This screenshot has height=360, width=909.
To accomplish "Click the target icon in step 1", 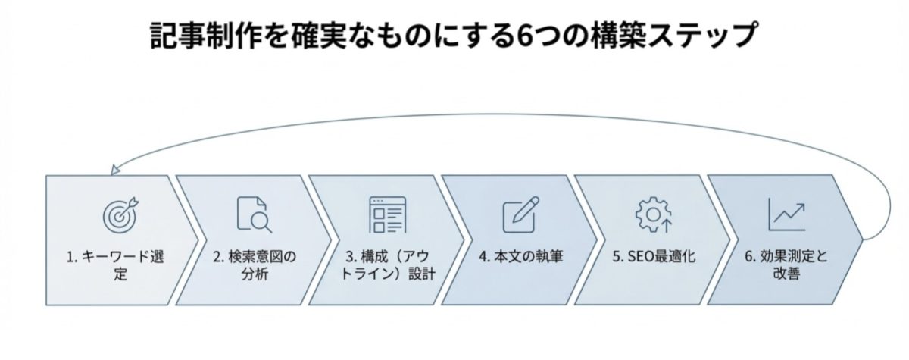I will pyautogui.click(x=119, y=214).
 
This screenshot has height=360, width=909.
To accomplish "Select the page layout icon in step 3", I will pyautogui.click(x=385, y=214).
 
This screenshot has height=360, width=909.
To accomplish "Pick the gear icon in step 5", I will pyautogui.click(x=651, y=214).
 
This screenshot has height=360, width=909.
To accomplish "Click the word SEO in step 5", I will pyautogui.click(x=638, y=257).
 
